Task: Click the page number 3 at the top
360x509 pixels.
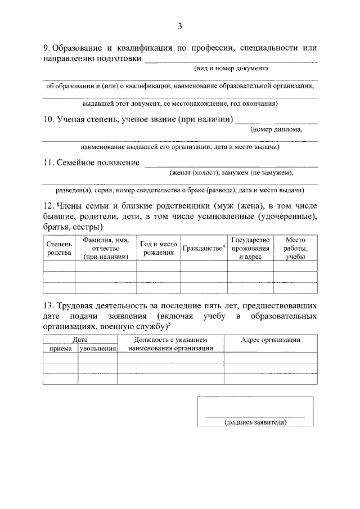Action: coord(180,26)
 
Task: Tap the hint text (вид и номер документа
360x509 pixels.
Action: coord(228,68)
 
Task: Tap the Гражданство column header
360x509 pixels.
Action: coord(203,248)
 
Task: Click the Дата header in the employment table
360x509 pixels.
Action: coord(80,340)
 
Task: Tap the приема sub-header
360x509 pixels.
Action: coord(60,349)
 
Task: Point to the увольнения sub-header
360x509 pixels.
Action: coord(97,349)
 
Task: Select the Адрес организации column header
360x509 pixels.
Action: coord(270,340)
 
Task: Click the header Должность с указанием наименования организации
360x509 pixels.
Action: coord(170,344)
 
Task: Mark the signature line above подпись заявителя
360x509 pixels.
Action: coord(255,416)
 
